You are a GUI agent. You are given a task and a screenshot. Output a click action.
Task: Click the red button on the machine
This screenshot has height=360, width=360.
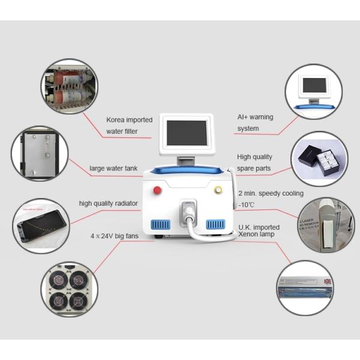(x=158, y=191)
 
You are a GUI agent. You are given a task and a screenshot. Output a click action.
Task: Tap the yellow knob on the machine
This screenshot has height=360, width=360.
(x=218, y=191)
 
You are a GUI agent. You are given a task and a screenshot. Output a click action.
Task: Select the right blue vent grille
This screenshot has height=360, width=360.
(x=215, y=224)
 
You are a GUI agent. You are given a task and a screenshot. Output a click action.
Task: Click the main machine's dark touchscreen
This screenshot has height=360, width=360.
(x=186, y=133)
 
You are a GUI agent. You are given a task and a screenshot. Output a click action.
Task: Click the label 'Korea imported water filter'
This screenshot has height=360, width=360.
(x=129, y=125)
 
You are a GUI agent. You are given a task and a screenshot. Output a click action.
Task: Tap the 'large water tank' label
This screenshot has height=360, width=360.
(x=115, y=168)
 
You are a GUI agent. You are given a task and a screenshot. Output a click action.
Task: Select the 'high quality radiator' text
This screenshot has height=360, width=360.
(x=109, y=203)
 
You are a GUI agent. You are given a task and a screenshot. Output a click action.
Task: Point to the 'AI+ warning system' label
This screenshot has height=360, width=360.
(x=256, y=123)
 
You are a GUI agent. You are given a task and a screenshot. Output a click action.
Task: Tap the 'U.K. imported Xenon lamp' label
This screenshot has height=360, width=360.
(x=260, y=230)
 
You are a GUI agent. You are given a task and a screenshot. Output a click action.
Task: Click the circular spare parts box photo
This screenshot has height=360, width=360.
(x=319, y=159)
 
